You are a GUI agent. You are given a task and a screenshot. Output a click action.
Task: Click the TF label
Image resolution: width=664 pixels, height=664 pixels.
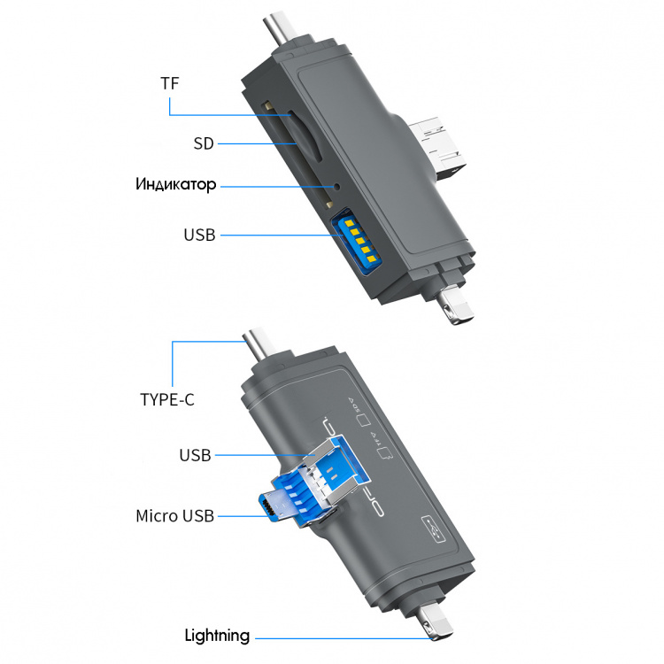[169, 85]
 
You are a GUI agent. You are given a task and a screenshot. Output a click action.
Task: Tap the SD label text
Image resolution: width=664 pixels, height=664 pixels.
[204, 143]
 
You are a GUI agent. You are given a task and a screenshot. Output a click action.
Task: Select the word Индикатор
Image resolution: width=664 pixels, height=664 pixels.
[176, 185]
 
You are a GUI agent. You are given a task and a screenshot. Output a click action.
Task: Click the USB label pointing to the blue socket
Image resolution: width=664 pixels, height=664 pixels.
[199, 235]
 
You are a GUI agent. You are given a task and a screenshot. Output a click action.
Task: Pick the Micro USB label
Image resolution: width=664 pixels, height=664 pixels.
[174, 515]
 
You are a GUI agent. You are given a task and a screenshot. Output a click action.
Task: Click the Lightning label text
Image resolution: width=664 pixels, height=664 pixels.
[217, 636]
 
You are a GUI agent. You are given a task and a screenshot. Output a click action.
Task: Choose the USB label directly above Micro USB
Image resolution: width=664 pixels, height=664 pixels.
[195, 455]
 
